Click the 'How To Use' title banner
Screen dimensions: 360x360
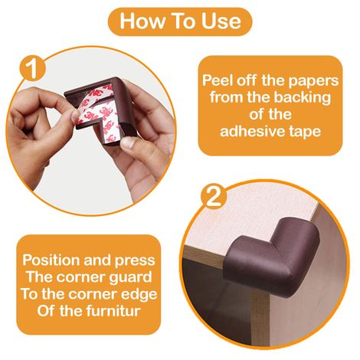[180, 21]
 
